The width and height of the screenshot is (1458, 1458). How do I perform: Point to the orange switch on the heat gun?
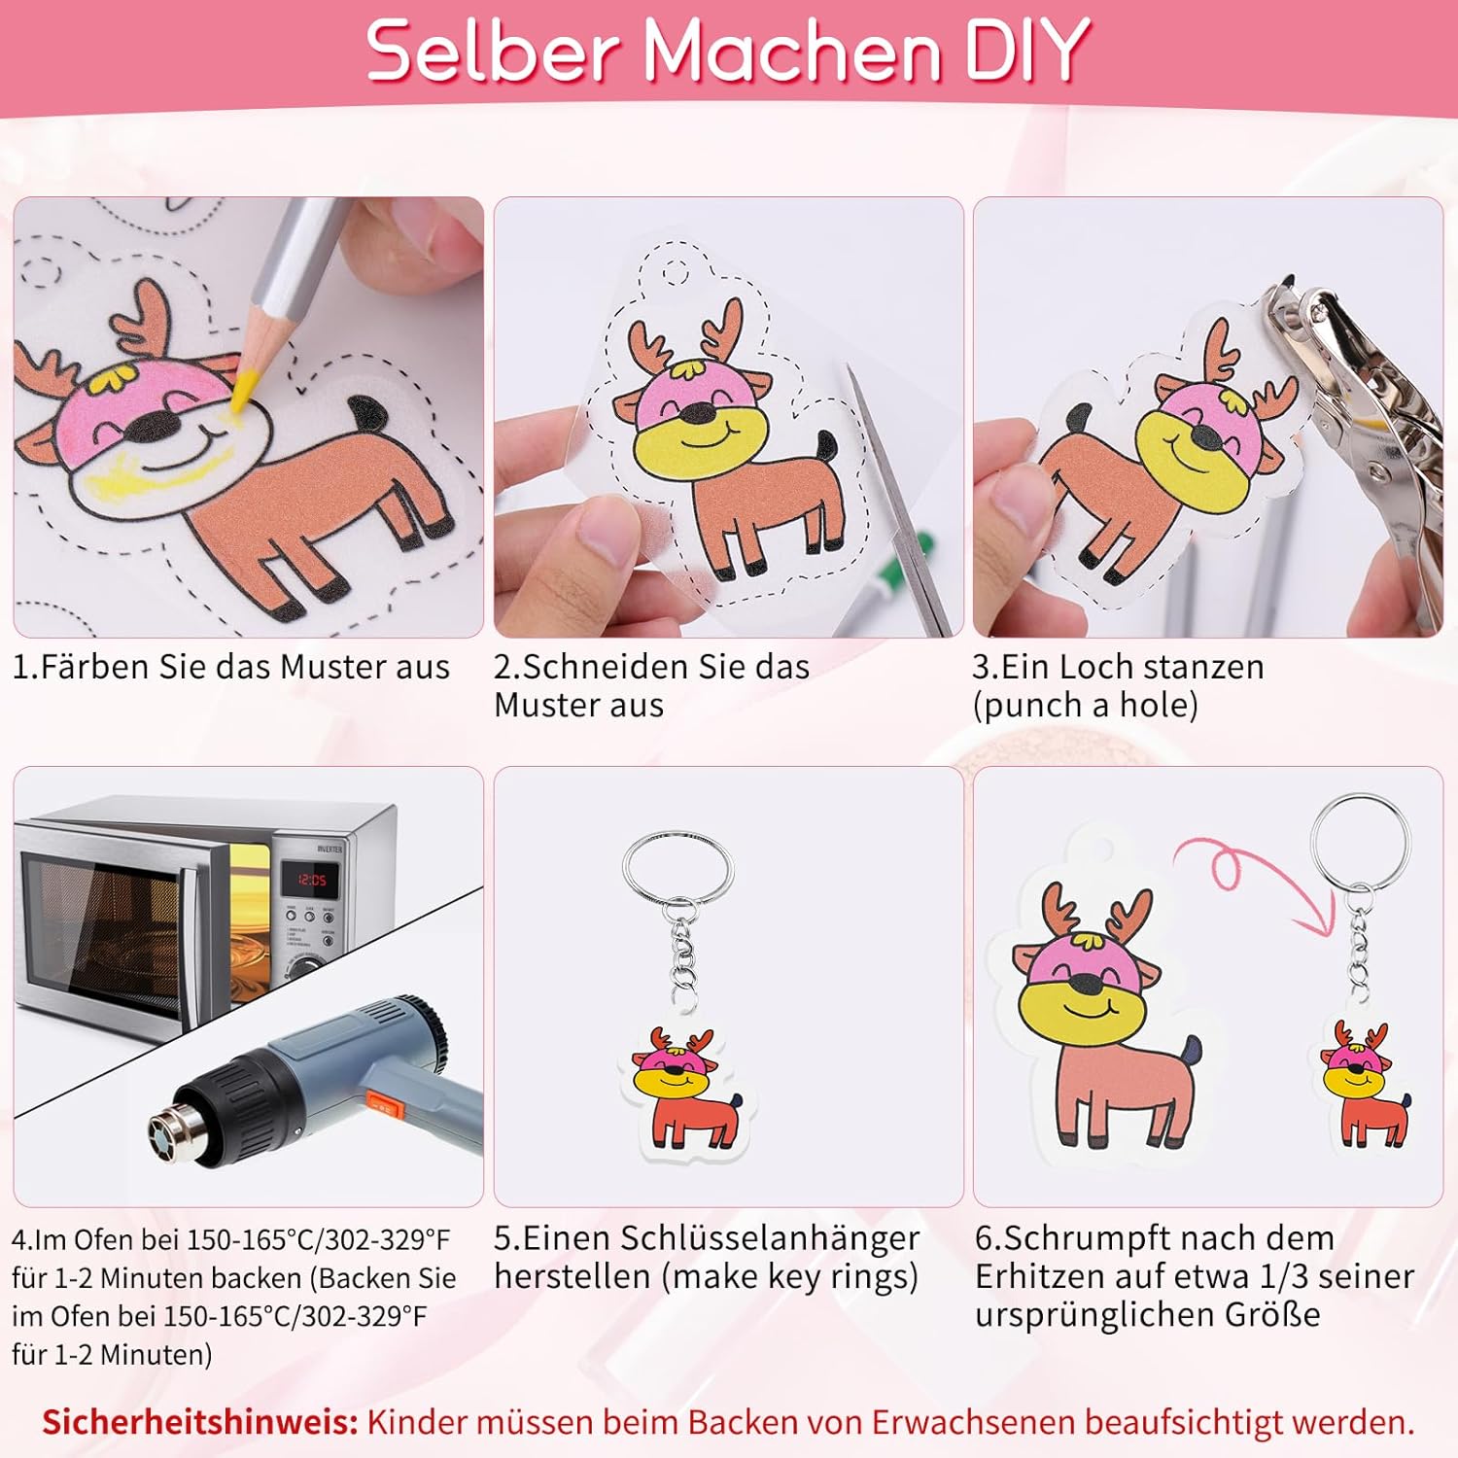point(381,1104)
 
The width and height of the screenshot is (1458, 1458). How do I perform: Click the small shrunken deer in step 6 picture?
point(1366,1084)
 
